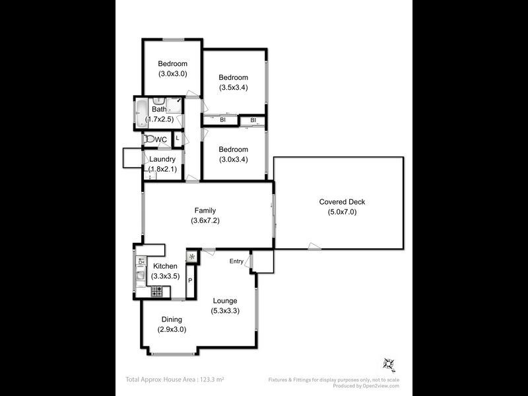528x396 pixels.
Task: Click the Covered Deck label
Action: pos(342,202)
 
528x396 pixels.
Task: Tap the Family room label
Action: pos(204,210)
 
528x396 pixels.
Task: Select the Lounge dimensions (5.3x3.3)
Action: pos(224,310)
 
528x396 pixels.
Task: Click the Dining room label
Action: pos(172,319)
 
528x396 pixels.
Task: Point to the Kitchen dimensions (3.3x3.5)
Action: pos(165,276)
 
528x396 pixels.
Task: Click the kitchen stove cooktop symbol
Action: pos(157,290)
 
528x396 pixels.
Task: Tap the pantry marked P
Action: pos(190,281)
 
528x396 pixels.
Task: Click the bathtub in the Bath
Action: pos(141,113)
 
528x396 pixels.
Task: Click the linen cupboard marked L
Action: pos(177,138)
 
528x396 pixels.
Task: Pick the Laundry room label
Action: pos(162,159)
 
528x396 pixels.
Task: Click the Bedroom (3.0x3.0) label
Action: pos(172,64)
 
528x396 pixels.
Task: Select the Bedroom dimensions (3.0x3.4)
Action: pos(234,158)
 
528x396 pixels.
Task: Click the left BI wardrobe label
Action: pos(223,120)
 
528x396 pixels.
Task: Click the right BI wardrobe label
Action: pos(253,120)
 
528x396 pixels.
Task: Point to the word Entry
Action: pos(236,261)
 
